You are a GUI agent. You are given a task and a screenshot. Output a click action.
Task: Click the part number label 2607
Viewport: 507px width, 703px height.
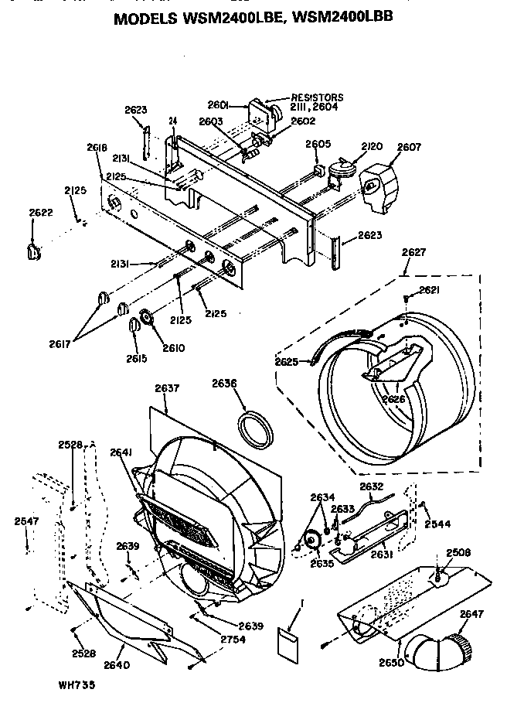[408, 148]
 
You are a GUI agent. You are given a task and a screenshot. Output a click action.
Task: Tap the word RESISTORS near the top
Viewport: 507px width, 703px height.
[317, 97]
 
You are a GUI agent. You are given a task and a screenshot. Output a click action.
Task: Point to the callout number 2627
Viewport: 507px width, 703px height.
[413, 251]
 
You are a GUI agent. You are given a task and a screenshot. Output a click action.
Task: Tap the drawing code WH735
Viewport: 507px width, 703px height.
[76, 684]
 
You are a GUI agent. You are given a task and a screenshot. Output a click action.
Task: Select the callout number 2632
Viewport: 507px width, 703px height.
[371, 486]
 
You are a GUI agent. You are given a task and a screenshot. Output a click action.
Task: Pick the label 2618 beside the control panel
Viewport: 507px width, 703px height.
[97, 147]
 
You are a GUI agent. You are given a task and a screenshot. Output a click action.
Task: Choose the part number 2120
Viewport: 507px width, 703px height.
[372, 147]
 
